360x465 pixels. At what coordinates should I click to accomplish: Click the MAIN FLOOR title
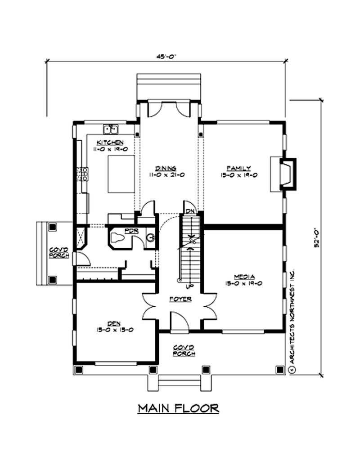(179, 408)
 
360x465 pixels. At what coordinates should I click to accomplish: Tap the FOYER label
(180, 299)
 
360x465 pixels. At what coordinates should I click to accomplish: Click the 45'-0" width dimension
(166, 56)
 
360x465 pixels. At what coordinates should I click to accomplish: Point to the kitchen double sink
(110, 130)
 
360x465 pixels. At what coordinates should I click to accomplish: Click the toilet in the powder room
(118, 238)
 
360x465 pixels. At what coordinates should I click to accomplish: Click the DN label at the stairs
(189, 211)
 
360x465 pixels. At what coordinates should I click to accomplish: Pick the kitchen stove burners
(83, 174)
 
